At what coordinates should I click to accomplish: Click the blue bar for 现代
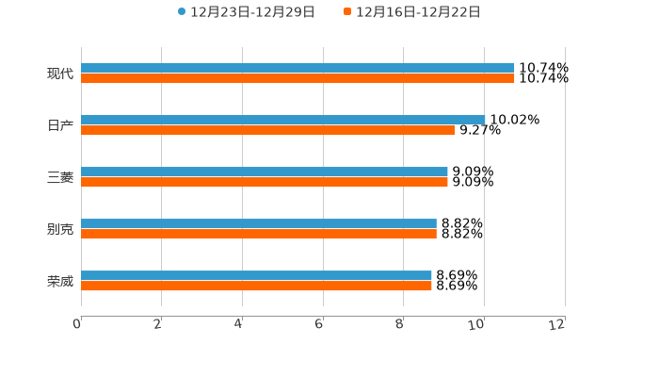[x=297, y=68]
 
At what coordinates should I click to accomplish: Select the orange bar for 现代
[x=297, y=78]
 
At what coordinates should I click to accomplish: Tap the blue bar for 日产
[x=282, y=120]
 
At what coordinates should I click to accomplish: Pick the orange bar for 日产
[x=268, y=130]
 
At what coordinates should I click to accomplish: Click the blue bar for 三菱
[x=265, y=172]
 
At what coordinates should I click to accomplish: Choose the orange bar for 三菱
[x=265, y=182]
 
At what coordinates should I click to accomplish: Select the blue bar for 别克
[x=259, y=223]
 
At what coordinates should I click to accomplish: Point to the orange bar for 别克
[x=259, y=234]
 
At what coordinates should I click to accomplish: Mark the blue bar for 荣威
[x=256, y=275]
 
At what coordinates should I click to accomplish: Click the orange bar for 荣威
[x=256, y=286]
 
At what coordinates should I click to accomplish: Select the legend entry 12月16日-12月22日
[x=417, y=11]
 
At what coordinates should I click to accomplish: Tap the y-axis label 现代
[x=60, y=74]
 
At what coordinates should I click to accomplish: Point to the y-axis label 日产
[x=60, y=125]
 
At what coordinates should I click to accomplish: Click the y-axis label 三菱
[x=60, y=177]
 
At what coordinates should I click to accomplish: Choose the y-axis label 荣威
[x=60, y=281]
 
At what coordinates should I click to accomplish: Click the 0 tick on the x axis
[x=77, y=324]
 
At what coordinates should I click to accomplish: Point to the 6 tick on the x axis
[x=319, y=324]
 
